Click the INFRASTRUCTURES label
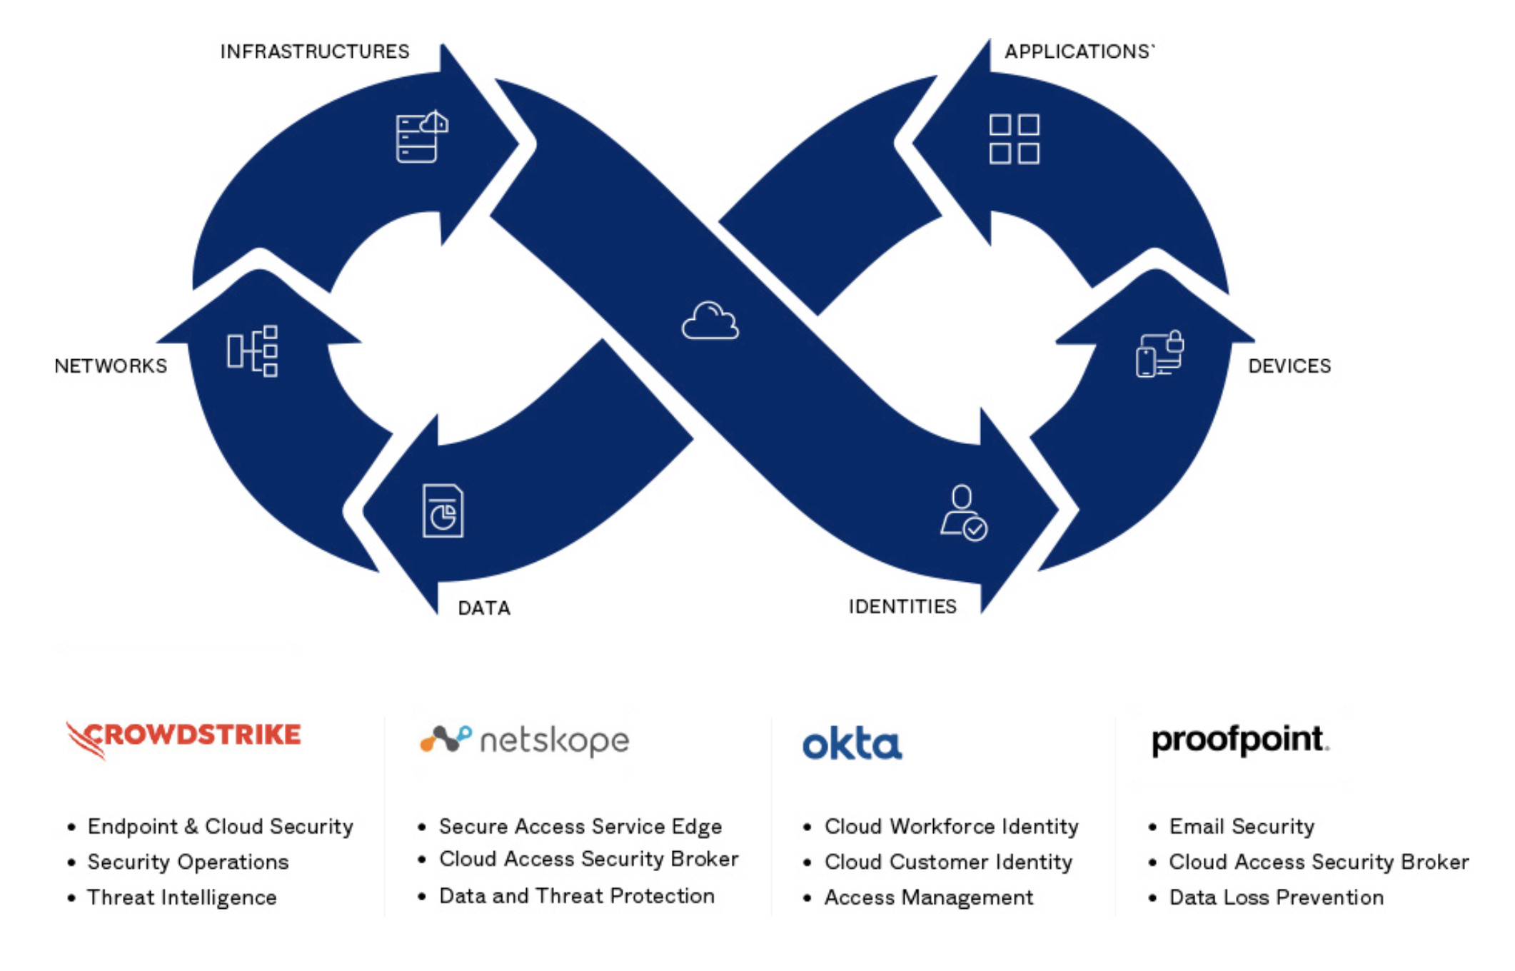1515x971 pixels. (314, 51)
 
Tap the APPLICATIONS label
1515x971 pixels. (1078, 51)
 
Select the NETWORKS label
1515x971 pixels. (111, 366)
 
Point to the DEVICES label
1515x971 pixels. (1289, 366)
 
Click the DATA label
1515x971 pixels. (484, 608)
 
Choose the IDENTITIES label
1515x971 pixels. (902, 606)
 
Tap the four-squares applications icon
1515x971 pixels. (1014, 139)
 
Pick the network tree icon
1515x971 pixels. (253, 351)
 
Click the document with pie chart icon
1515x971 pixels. (443, 510)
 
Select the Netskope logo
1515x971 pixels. (525, 740)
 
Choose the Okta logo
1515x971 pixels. (852, 743)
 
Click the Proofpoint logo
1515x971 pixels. (1240, 740)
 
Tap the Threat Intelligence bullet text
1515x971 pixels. (181, 897)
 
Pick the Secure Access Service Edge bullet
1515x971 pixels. (580, 826)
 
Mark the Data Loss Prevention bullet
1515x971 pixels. (1276, 897)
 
